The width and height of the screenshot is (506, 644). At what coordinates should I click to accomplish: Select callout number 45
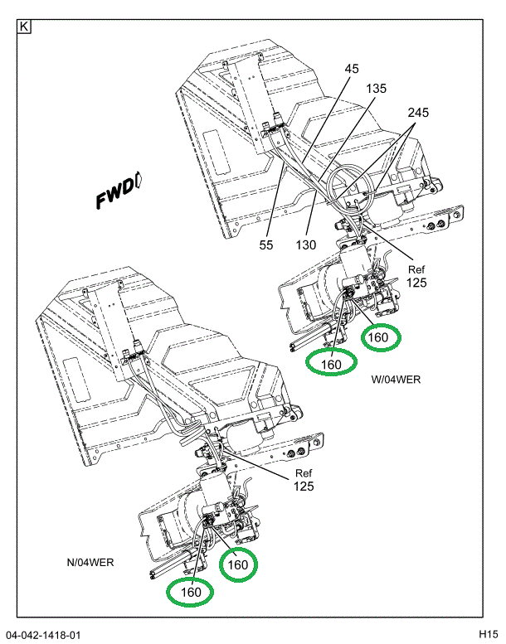(352, 69)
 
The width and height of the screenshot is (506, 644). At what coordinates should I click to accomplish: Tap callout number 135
(377, 89)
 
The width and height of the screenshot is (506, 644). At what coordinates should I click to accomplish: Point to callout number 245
(418, 112)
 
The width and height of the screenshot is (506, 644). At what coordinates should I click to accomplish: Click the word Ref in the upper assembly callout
(416, 269)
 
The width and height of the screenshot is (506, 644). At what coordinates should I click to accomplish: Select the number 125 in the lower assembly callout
(303, 486)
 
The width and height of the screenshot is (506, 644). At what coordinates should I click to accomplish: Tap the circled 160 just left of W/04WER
(331, 362)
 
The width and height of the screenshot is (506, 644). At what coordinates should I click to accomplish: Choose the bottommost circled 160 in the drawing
(190, 592)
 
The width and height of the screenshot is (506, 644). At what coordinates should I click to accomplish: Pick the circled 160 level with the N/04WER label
(238, 564)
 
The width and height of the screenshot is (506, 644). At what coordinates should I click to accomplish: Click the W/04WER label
(396, 379)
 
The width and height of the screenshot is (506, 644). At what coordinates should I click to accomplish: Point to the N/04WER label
(90, 562)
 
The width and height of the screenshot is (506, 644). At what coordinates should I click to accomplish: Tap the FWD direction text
(114, 196)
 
